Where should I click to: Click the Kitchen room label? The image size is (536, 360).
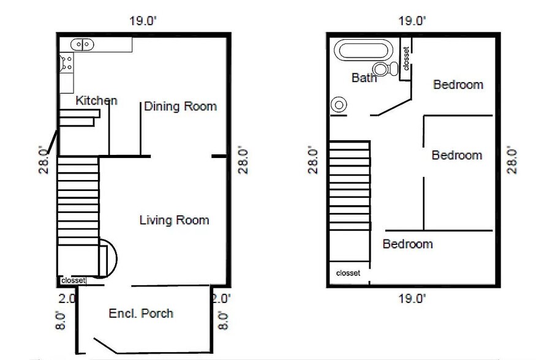[96, 100]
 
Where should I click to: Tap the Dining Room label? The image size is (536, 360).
[181, 106]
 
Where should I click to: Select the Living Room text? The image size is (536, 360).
[175, 220]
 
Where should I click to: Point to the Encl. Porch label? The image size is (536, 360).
[141, 313]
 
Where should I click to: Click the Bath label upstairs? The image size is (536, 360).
[364, 78]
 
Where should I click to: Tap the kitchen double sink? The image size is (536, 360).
[82, 45]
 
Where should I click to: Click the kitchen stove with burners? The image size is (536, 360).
[67, 62]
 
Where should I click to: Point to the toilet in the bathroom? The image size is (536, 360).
[385, 69]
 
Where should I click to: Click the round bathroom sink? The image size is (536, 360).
[339, 105]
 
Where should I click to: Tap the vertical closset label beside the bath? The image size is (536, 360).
[406, 59]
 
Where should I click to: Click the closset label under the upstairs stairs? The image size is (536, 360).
[348, 273]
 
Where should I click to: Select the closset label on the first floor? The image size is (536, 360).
[73, 280]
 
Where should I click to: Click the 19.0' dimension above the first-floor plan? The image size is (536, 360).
[143, 21]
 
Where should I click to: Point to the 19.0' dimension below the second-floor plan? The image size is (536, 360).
[412, 299]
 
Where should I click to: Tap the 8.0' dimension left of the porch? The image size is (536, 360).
[60, 320]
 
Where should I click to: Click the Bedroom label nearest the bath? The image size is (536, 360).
[458, 84]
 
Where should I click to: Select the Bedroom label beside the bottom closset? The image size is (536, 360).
[407, 244]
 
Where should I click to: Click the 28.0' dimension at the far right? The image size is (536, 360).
[511, 160]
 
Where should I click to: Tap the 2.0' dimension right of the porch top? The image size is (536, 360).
[221, 299]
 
